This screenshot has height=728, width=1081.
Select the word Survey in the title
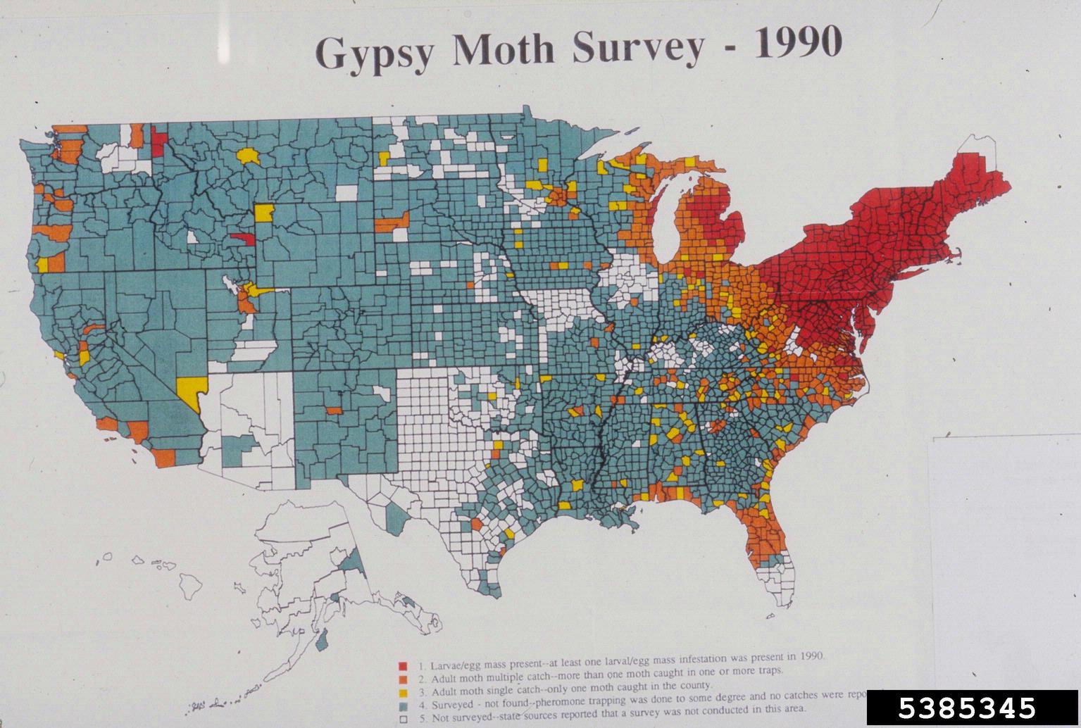click(x=638, y=48)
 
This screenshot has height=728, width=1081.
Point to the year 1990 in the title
click(x=798, y=44)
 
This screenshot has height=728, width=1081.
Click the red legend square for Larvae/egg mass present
click(x=403, y=666)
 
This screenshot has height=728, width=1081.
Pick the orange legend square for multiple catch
click(x=403, y=679)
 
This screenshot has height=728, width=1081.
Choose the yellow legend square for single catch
click(x=403, y=693)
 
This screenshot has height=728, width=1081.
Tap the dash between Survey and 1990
click(x=729, y=49)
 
